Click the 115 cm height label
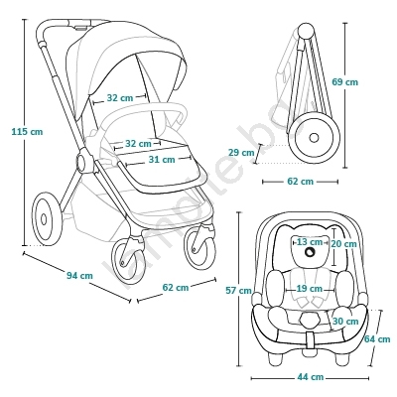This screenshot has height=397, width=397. [27, 131]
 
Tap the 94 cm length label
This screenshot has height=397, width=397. [79, 275]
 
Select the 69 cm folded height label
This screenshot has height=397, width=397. [345, 81]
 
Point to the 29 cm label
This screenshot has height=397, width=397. [241, 153]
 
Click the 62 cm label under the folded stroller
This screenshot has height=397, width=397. [300, 182]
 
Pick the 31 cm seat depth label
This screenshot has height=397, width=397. [162, 160]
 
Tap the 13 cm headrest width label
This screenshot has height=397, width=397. [310, 242]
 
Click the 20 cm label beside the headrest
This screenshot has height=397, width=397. [343, 244]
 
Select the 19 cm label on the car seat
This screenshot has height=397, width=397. [309, 289]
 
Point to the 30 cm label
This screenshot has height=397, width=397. [345, 321]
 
